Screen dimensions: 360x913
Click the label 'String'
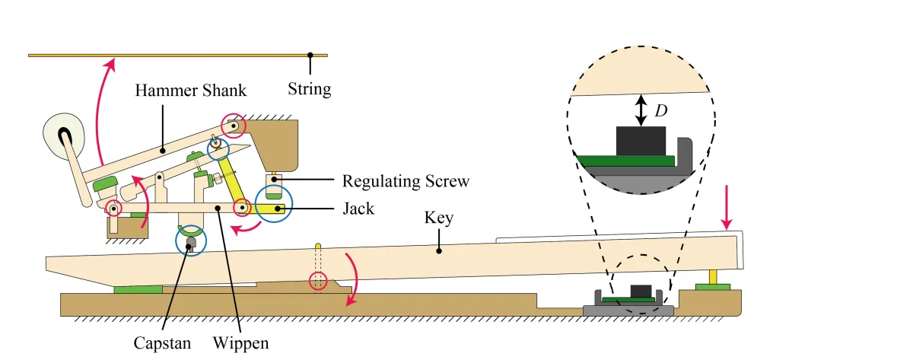tap(310, 89)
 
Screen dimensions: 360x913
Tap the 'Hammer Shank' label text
tap(191, 90)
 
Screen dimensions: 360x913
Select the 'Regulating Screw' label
tap(406, 181)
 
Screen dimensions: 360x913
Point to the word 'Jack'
tap(358, 207)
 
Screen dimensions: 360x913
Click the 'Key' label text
tap(440, 218)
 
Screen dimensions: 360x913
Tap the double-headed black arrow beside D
tap(641, 110)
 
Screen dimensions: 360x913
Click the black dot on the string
tap(310, 55)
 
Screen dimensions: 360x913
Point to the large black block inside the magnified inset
tap(641, 142)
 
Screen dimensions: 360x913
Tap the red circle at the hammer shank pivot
tap(233, 125)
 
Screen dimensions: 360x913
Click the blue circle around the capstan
tap(190, 241)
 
